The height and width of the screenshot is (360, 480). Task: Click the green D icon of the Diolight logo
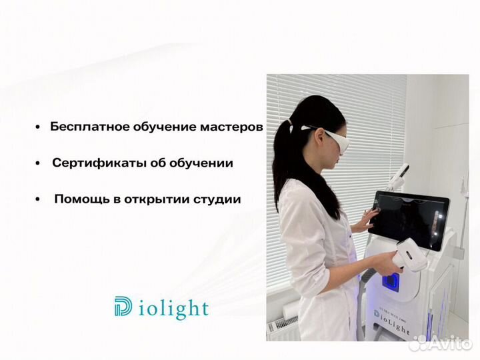(125, 307)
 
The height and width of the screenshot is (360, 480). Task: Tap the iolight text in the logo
(174, 309)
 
